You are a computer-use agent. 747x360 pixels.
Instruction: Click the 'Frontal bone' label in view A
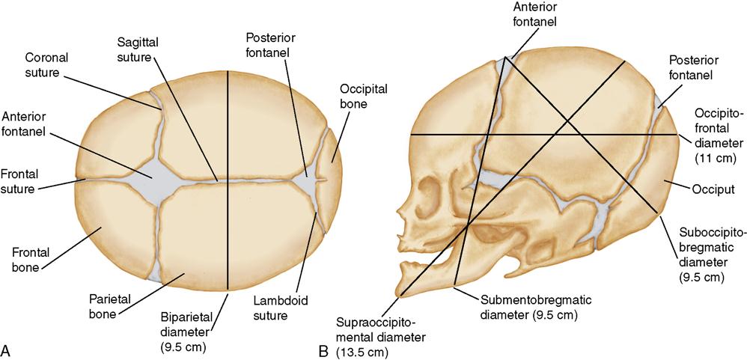(x=27, y=256)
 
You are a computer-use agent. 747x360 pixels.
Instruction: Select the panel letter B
(x=323, y=350)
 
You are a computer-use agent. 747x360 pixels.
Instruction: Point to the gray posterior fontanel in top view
(x=308, y=182)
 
